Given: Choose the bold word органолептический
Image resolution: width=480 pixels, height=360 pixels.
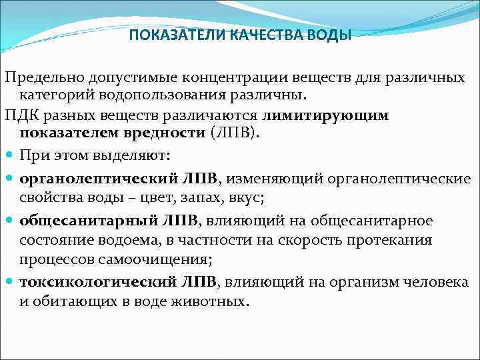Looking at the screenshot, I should pos(99,179).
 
